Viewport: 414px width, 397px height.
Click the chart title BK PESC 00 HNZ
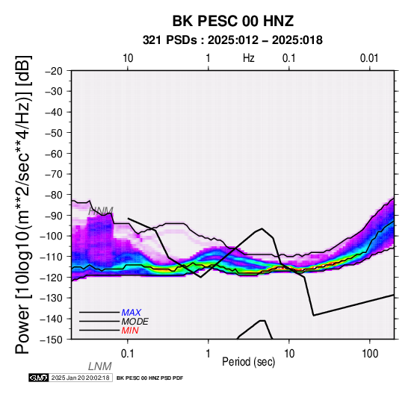click(233, 21)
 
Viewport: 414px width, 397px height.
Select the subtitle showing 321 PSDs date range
click(232, 40)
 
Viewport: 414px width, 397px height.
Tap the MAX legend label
click(131, 313)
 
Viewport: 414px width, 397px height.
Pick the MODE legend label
click(135, 322)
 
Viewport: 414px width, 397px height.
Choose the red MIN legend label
click(130, 331)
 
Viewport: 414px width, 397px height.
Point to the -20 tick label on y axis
click(54, 71)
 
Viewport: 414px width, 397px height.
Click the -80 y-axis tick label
click(54, 195)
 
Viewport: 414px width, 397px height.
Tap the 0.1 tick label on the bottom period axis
click(128, 354)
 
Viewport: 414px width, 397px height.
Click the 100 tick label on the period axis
click(370, 354)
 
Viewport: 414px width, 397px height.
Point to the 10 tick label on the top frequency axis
click(128, 58)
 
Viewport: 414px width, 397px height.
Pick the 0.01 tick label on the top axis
click(369, 58)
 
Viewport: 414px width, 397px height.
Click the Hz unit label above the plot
click(249, 58)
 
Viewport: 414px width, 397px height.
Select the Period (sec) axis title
click(248, 362)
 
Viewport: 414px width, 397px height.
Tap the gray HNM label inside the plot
click(101, 211)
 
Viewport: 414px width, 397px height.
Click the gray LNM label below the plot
click(100, 366)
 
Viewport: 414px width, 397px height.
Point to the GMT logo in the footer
click(39, 378)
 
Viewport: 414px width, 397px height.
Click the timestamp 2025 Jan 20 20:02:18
click(81, 378)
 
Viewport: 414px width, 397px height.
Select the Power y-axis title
click(23, 204)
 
